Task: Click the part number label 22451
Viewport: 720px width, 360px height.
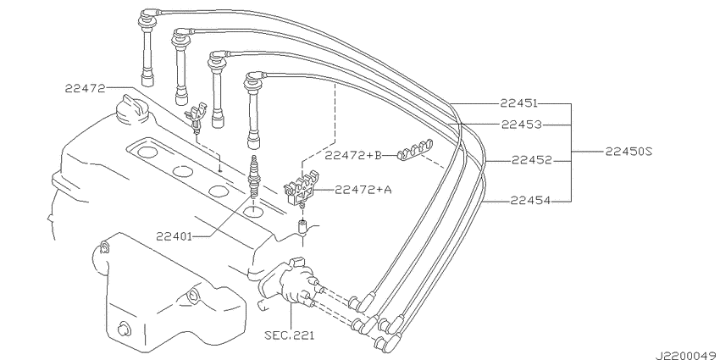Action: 518,104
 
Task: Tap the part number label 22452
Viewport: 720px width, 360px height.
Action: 531,158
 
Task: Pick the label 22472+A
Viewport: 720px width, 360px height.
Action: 363,190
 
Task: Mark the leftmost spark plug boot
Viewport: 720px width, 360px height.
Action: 146,55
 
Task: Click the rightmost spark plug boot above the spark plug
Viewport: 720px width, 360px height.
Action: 252,110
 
